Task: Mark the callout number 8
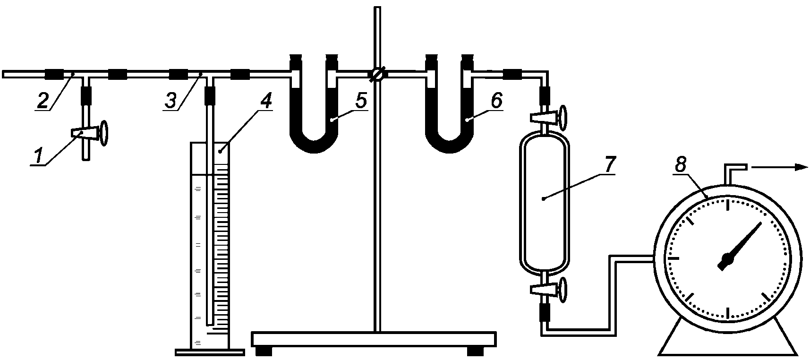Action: [681, 165]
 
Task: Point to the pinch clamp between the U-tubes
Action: [377, 74]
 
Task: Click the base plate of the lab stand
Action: [374, 339]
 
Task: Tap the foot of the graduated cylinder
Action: [210, 351]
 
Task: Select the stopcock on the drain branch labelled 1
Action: [90, 133]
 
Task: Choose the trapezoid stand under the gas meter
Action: [728, 335]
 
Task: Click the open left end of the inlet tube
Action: [4, 74]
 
